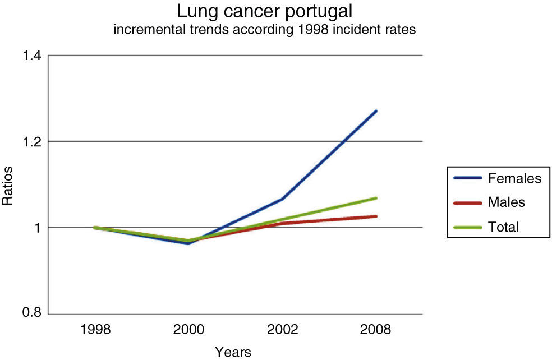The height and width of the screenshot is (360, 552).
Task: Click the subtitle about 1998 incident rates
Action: pyautogui.click(x=265, y=30)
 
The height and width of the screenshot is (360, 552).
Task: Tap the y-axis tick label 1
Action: pyautogui.click(x=36, y=228)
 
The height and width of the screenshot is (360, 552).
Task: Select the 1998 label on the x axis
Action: pyautogui.click(x=95, y=330)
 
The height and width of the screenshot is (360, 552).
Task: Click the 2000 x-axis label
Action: pyautogui.click(x=188, y=330)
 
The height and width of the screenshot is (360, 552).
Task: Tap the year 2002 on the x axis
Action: pyautogui.click(x=282, y=330)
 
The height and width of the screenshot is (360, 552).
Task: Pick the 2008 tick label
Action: pyautogui.click(x=375, y=330)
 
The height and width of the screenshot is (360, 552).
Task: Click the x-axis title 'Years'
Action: pyautogui.click(x=233, y=352)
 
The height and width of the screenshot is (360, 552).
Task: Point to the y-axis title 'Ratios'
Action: pyautogui.click(x=8, y=184)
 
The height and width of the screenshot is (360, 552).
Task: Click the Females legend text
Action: pyautogui.click(x=514, y=179)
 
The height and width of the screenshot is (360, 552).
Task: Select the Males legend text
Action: pyautogui.click(x=507, y=202)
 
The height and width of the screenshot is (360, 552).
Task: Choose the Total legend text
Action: pyautogui.click(x=504, y=227)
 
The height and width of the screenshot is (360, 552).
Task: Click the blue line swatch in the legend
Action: pyautogui.click(x=468, y=179)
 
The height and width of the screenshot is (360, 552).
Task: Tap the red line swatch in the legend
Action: pyautogui.click(x=468, y=202)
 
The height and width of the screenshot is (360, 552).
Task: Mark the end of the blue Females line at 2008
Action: pyautogui.click(x=376, y=111)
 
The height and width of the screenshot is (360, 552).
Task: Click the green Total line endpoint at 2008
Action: pyautogui.click(x=376, y=198)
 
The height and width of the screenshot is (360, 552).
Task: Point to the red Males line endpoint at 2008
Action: pyautogui.click(x=376, y=216)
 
